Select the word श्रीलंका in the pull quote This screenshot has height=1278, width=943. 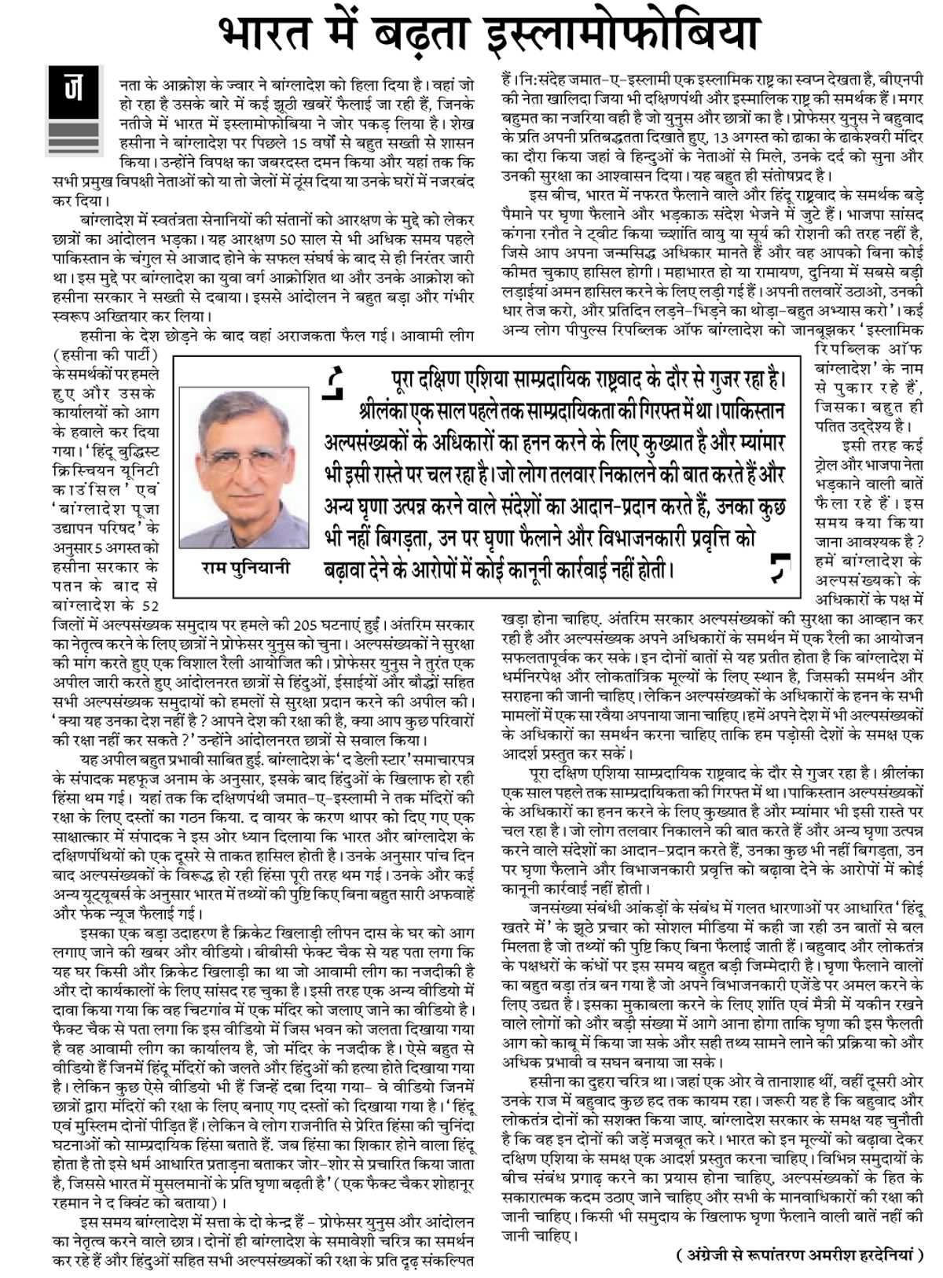coord(388,411)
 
